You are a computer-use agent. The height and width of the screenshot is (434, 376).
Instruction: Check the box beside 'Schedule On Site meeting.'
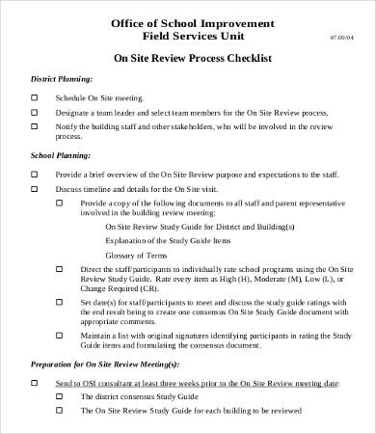point(35,98)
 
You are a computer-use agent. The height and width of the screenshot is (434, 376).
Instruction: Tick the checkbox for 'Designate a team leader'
point(35,112)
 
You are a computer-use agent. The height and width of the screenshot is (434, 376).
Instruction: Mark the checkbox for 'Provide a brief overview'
point(35,174)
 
